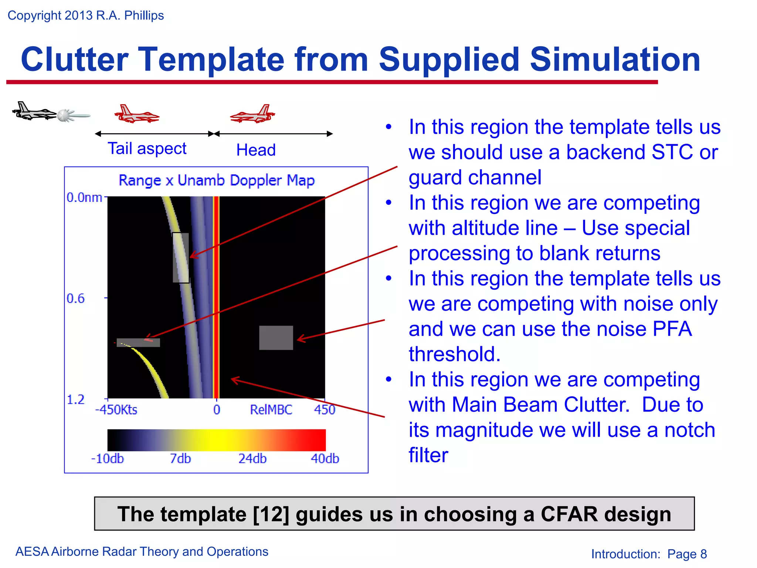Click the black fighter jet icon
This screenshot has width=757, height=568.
click(x=33, y=112)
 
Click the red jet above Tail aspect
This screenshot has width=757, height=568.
click(x=136, y=114)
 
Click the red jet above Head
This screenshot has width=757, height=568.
click(x=253, y=114)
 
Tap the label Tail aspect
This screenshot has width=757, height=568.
click(x=147, y=149)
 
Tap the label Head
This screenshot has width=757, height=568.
click(x=256, y=150)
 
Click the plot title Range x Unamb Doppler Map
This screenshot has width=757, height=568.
click(x=216, y=180)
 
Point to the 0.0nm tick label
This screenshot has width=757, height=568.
click(x=84, y=197)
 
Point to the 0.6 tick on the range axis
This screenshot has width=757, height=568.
click(x=76, y=298)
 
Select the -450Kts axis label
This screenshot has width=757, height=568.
click(x=116, y=410)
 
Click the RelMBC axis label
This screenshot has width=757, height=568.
click(x=271, y=410)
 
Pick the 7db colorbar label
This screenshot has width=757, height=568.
click(x=180, y=459)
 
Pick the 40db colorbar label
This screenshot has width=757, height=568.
click(x=325, y=459)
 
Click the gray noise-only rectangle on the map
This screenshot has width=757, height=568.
click(x=276, y=338)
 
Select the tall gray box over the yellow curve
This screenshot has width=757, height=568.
click(x=181, y=258)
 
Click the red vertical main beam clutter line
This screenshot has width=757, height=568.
click(x=217, y=296)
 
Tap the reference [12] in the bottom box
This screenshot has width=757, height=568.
click(x=271, y=514)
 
